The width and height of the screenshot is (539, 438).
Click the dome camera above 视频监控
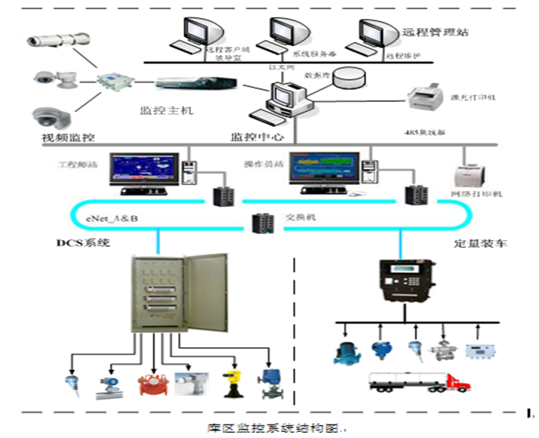pos(51,116)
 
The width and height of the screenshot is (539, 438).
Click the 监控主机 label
pos(167,110)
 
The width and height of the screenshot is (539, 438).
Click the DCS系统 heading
pos(85,242)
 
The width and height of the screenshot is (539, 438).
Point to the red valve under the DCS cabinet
pos(149,385)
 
